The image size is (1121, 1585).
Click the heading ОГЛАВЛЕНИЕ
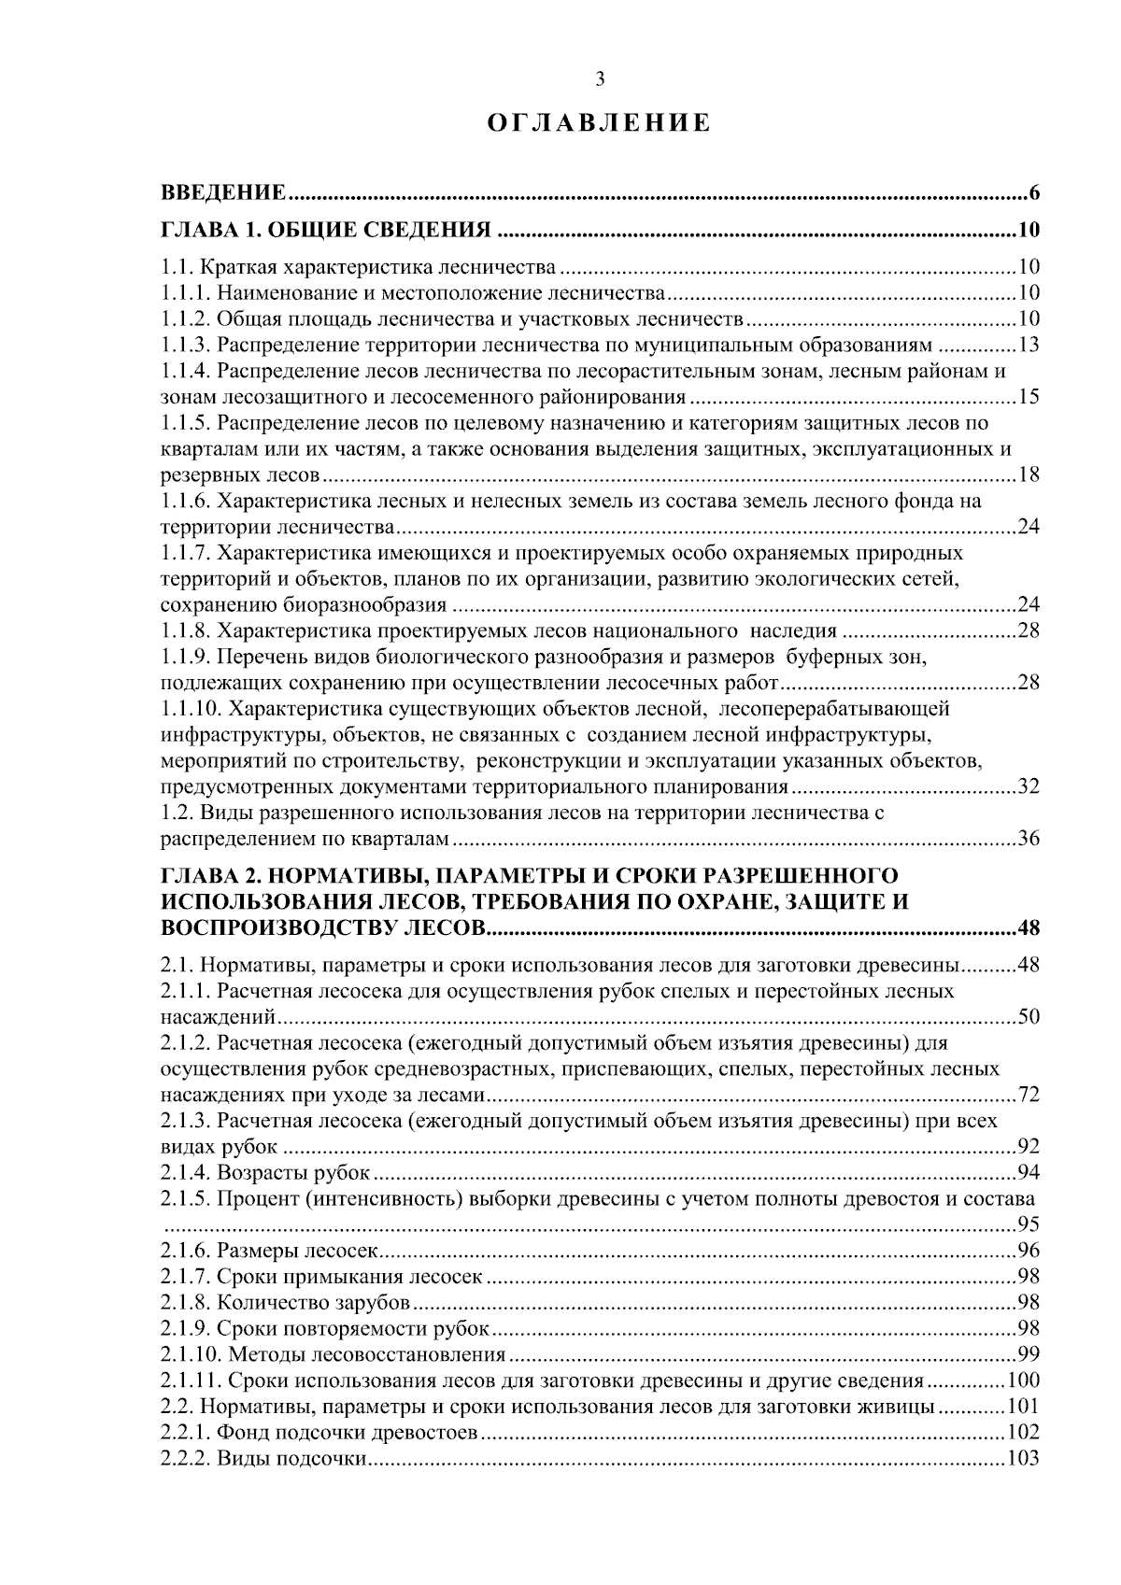click(x=600, y=123)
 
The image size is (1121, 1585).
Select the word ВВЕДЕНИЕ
click(x=223, y=194)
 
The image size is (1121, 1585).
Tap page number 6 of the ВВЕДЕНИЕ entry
click(x=1034, y=194)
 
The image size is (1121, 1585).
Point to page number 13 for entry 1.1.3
click(x=1029, y=345)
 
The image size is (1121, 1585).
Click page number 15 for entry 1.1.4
click(x=1029, y=397)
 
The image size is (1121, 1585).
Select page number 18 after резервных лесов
click(x=1029, y=475)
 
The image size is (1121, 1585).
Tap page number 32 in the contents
click(x=1029, y=786)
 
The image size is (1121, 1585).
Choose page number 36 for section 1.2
click(x=1029, y=838)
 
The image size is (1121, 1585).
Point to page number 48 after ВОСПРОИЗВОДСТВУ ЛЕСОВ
click(x=1028, y=928)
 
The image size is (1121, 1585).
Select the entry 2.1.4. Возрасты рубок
click(x=266, y=1172)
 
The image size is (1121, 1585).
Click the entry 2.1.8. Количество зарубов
click(x=285, y=1303)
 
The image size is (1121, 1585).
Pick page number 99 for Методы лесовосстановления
click(x=1029, y=1354)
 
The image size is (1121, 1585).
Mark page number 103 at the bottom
click(x=1024, y=1459)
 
